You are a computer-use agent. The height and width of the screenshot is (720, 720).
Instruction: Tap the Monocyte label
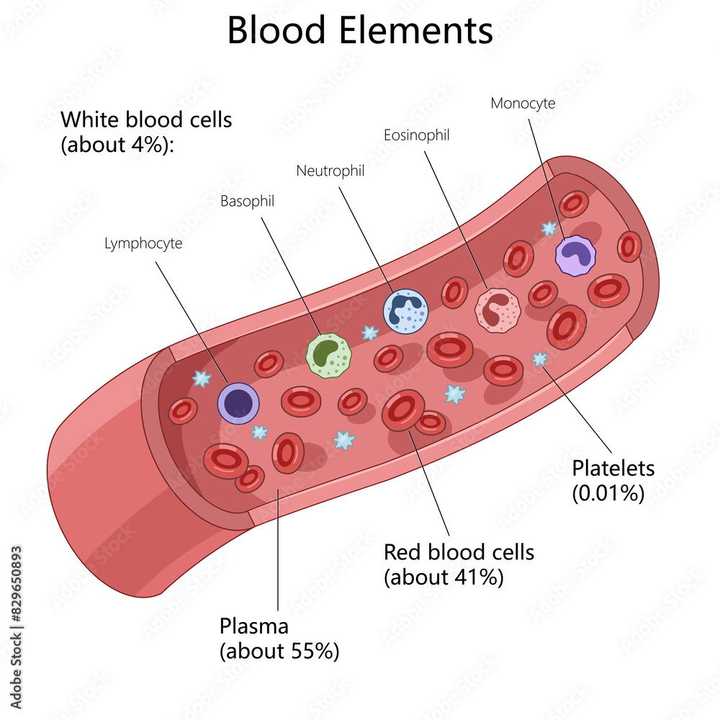(x=523, y=103)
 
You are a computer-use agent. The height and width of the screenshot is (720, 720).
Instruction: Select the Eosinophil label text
(x=417, y=135)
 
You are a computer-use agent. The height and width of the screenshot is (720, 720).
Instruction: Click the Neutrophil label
(x=330, y=171)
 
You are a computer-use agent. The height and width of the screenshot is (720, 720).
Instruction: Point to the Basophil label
(x=247, y=202)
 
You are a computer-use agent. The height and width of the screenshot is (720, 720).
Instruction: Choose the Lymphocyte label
(x=143, y=243)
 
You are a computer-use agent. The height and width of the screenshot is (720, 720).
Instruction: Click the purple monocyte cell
(x=576, y=256)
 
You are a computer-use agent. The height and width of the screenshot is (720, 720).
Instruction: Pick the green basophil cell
(x=328, y=355)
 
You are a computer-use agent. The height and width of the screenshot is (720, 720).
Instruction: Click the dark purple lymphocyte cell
(x=238, y=403)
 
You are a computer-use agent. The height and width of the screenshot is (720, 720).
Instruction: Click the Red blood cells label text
(x=459, y=552)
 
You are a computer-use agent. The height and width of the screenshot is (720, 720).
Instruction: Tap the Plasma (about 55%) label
(x=279, y=637)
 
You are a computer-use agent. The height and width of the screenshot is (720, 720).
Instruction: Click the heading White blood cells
(x=146, y=120)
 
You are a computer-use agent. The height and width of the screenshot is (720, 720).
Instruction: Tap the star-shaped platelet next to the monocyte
(x=549, y=229)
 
